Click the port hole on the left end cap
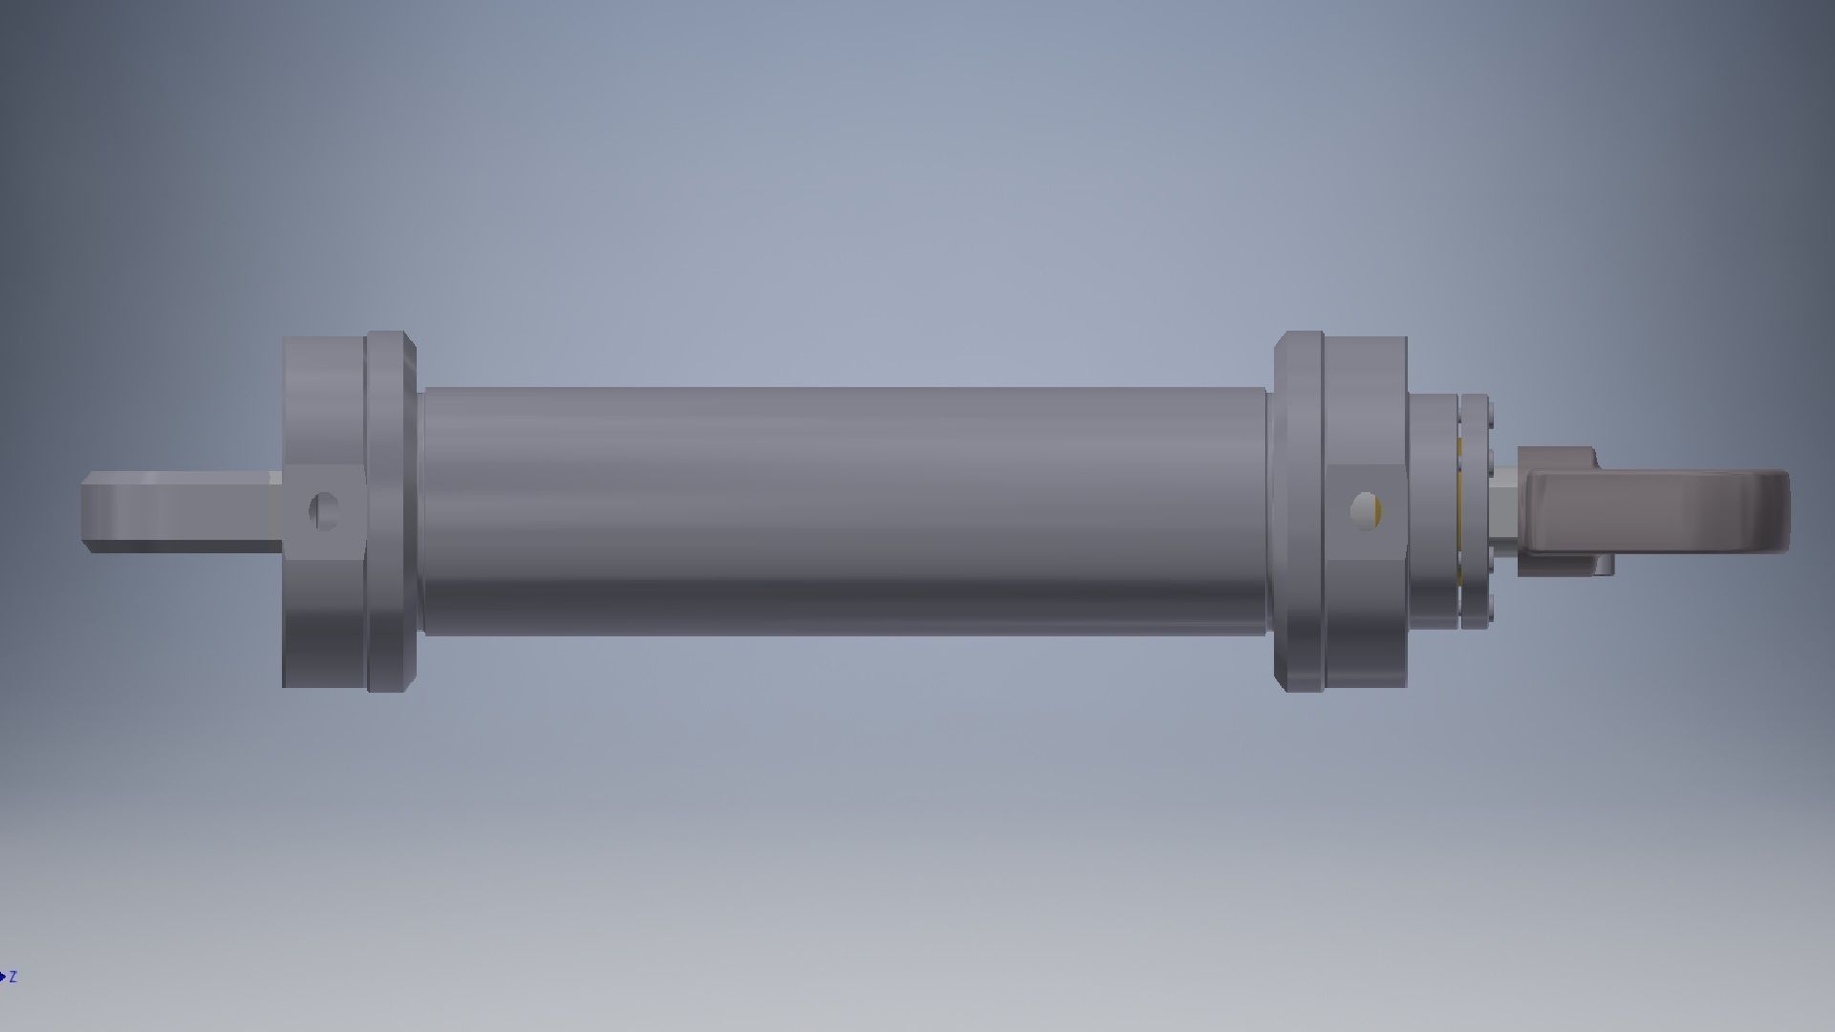click(x=324, y=511)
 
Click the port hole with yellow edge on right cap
click(x=1367, y=509)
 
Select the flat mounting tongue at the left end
click(x=182, y=511)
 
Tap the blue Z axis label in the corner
click(x=12, y=977)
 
